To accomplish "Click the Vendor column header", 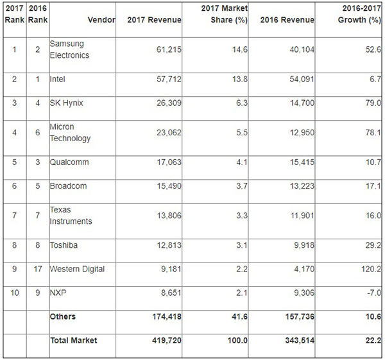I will click(x=102, y=20).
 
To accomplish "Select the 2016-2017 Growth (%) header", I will click(x=356, y=14).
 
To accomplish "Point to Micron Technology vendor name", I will click(x=71, y=133).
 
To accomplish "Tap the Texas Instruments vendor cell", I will click(x=71, y=216).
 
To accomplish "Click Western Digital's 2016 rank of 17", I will click(x=37, y=268).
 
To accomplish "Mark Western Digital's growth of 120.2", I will click(x=369, y=268).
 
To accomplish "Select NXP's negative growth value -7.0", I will click(x=372, y=292).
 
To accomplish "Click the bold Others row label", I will click(x=62, y=316).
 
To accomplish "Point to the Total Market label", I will click(x=74, y=340).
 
